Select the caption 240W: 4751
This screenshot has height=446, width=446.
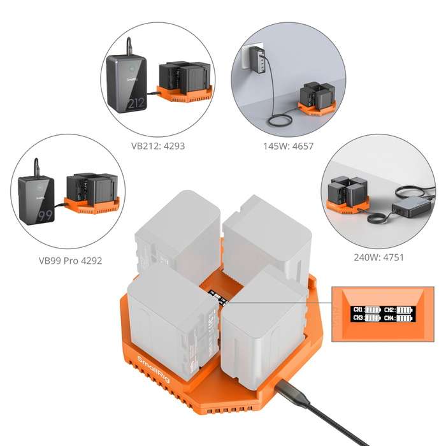378,258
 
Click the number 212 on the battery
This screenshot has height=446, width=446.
134,102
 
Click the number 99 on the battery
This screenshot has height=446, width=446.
45,215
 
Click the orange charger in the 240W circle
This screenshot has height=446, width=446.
345,203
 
